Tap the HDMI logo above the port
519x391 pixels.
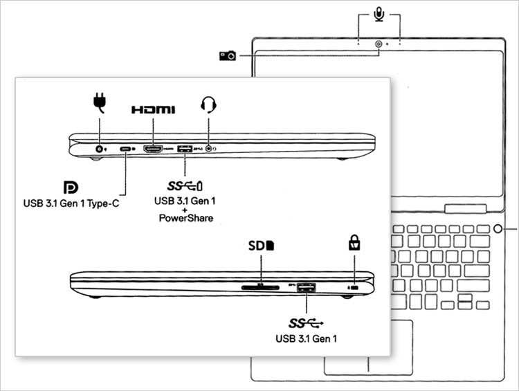tap(153, 109)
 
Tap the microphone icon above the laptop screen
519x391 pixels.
tap(379, 14)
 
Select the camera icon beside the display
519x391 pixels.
tap(227, 55)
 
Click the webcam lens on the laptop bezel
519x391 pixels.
tap(379, 44)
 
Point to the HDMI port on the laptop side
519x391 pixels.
tap(152, 149)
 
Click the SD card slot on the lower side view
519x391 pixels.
tap(260, 286)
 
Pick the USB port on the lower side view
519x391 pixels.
tap(306, 286)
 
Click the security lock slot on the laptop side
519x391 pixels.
tap(354, 286)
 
